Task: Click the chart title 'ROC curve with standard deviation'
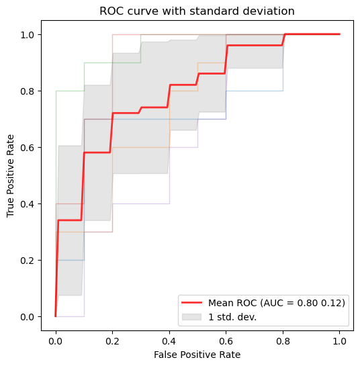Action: click(197, 11)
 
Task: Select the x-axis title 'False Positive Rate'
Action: click(197, 355)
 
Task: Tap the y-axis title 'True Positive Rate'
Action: click(10, 176)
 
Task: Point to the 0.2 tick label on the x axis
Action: click(112, 341)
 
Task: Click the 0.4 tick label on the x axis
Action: click(169, 341)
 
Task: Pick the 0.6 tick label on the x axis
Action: click(226, 341)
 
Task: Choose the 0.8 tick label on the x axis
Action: click(283, 341)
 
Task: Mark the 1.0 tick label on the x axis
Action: click(339, 341)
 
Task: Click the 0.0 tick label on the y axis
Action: click(28, 317)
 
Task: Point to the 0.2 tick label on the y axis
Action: click(28, 261)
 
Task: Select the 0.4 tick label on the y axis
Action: click(28, 204)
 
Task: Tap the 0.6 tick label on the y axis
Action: click(28, 148)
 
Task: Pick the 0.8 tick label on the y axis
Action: click(28, 91)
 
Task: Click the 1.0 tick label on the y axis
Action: click(28, 35)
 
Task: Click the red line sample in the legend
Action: click(191, 302)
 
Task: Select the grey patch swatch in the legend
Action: click(191, 317)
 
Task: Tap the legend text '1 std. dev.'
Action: click(232, 317)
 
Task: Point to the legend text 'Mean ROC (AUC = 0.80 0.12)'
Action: click(277, 303)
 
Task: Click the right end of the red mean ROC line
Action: click(340, 34)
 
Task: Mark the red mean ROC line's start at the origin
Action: click(56, 316)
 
